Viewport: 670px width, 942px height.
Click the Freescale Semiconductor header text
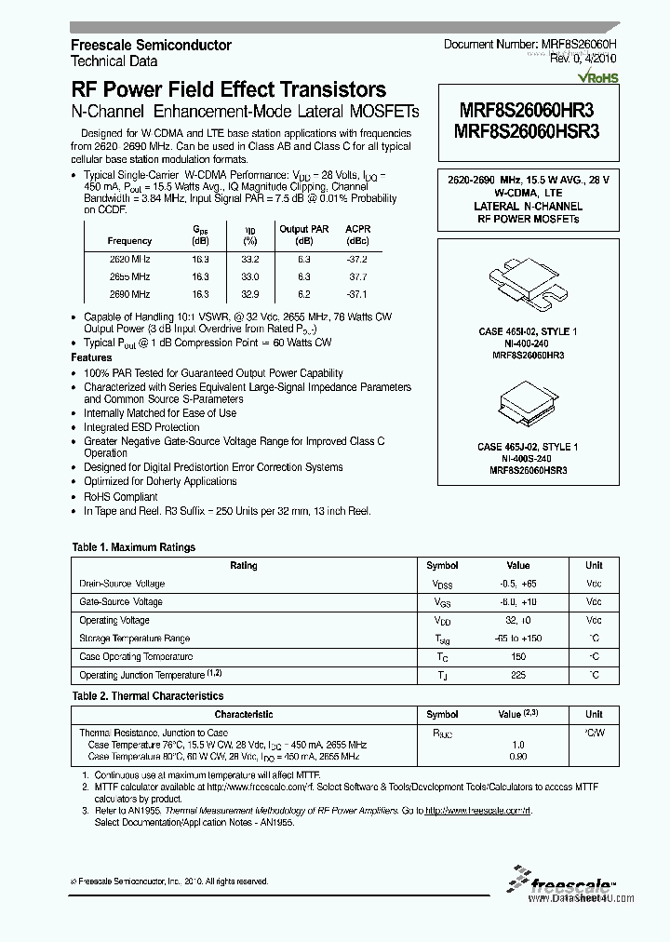(151, 45)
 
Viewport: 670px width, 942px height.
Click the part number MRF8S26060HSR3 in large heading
(527, 131)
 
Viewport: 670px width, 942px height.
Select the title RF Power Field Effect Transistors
(228, 90)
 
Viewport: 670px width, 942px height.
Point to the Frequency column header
(129, 240)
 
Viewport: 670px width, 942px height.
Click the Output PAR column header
(305, 229)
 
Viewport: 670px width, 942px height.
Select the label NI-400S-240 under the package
(528, 459)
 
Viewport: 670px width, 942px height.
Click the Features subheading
(91, 357)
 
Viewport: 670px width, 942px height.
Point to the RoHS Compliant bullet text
(121, 496)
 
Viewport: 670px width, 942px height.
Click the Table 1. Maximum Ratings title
(134, 547)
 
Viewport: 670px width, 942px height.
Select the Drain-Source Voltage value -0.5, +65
(517, 584)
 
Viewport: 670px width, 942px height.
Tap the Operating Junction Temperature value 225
(517, 675)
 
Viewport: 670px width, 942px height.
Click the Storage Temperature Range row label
(134, 639)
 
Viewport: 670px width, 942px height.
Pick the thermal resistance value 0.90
(517, 757)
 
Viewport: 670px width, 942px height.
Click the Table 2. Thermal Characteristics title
(147, 695)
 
